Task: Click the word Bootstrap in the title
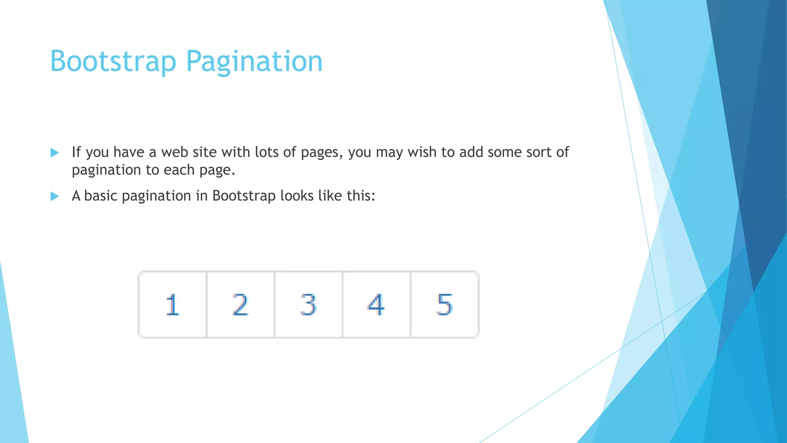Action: [x=113, y=62]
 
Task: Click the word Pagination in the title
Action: [x=254, y=62]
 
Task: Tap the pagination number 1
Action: [x=173, y=305]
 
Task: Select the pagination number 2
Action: [x=241, y=305]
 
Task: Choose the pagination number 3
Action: [x=308, y=305]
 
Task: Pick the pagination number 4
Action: [x=376, y=305]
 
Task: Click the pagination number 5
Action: [x=445, y=305]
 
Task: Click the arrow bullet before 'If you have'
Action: [x=55, y=153]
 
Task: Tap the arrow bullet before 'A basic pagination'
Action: [x=55, y=197]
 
